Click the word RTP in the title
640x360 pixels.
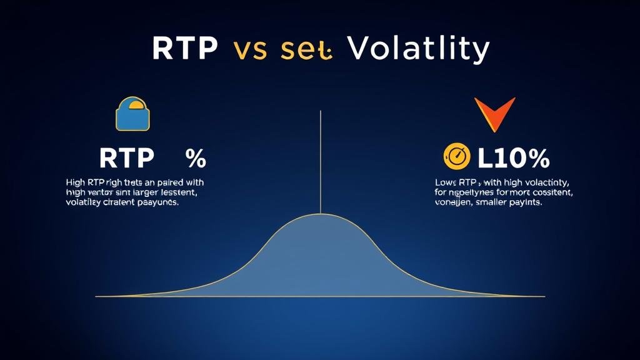(x=186, y=49)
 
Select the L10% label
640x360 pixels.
(x=512, y=157)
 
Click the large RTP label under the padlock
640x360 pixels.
(x=126, y=158)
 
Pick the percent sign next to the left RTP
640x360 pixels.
(x=196, y=158)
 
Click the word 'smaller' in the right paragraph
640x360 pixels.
(x=492, y=203)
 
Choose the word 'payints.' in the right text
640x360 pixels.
(x=527, y=203)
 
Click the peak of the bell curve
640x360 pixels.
(x=320, y=215)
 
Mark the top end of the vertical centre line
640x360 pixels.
(x=320, y=111)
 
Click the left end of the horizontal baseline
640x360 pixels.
(x=96, y=296)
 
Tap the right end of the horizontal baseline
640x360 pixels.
(x=544, y=296)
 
